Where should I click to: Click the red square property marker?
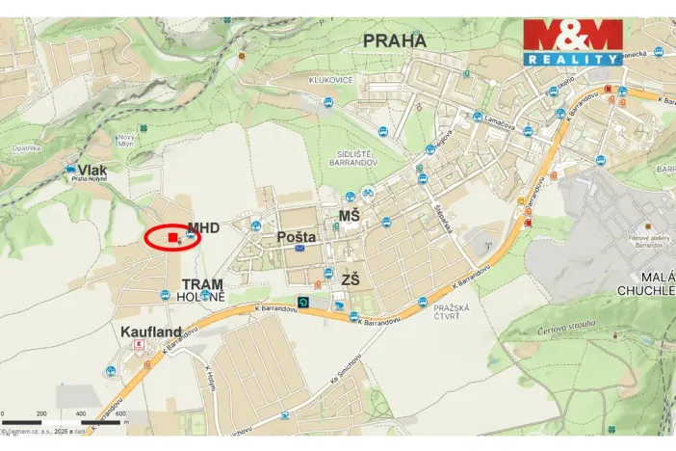tap(172, 236)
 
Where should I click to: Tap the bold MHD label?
tap(203, 227)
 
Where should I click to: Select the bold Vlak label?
tap(93, 170)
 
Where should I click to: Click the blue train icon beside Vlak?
tap(70, 171)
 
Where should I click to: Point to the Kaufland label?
tap(151, 332)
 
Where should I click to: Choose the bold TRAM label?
tap(202, 284)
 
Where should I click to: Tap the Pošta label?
tap(296, 236)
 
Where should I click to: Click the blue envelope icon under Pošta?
tap(300, 249)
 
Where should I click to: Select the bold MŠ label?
tap(349, 216)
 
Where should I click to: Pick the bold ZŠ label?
tap(350, 279)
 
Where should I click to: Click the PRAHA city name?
tap(394, 40)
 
